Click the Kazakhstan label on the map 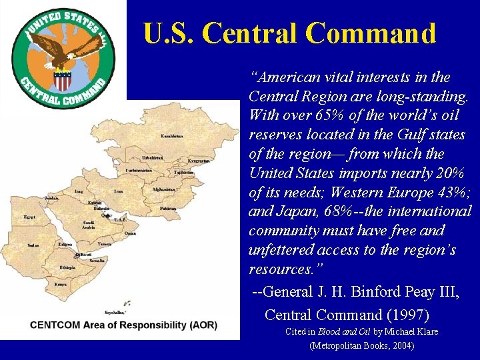click(171, 136)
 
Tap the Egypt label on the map click(29, 217)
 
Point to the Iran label click(119, 191)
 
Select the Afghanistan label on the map click(163, 189)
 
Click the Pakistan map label click(167, 209)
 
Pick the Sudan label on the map click(33, 245)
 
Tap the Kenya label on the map click(61, 284)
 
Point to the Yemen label click(104, 244)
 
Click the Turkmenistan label click(139, 171)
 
